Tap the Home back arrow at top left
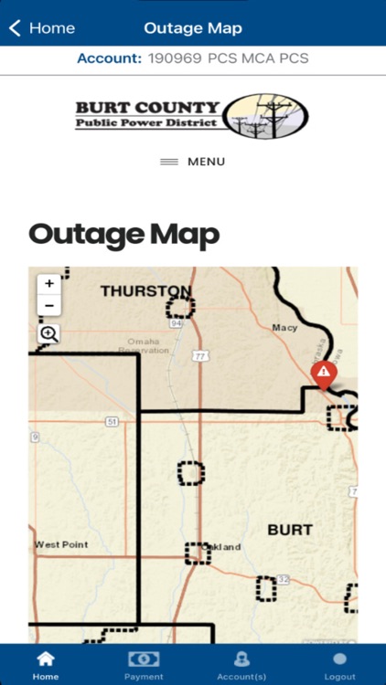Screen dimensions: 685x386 click(15, 28)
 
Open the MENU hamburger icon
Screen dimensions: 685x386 click(169, 162)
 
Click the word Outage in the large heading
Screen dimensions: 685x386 click(82, 235)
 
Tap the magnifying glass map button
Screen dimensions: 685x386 click(49, 334)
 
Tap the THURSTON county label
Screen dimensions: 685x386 click(146, 291)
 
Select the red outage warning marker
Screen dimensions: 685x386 click(323, 374)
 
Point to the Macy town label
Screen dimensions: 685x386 click(284, 327)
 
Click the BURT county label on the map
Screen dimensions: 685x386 click(290, 530)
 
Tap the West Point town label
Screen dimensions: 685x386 click(62, 544)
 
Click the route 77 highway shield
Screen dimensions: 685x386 click(199, 356)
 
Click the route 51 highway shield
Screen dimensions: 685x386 click(112, 421)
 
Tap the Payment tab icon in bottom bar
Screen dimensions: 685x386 click(144, 659)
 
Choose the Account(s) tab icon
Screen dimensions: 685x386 click(241, 659)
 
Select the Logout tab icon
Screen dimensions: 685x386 click(339, 659)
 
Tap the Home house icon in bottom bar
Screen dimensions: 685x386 click(45, 659)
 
